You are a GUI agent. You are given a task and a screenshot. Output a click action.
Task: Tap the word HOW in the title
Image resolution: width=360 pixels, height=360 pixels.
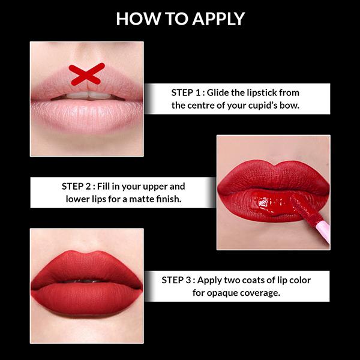click(x=134, y=19)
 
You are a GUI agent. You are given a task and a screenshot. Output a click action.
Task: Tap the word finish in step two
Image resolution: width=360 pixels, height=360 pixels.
click(x=169, y=199)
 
